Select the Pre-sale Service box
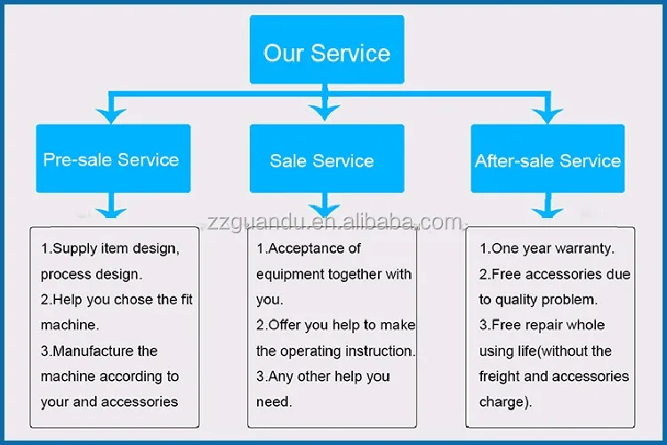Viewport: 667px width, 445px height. coord(111,159)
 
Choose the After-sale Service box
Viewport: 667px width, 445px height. coord(548,160)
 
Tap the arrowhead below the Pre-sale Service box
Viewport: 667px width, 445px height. coord(110,210)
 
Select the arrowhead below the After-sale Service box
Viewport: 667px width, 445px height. coord(546,210)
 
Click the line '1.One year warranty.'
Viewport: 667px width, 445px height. coord(547,249)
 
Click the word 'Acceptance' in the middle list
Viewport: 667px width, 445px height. coord(314,248)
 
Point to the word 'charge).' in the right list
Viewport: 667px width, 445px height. coord(505,402)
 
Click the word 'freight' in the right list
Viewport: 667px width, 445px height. coord(500,376)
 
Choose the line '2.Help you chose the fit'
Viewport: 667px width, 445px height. coord(117,300)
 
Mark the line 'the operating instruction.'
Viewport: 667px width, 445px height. coord(335,352)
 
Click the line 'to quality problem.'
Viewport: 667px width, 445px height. coord(538,300)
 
